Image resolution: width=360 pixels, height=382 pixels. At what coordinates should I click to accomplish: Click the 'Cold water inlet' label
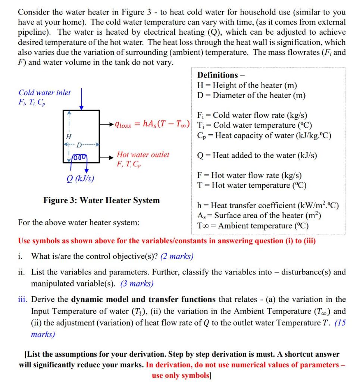(x=44, y=93)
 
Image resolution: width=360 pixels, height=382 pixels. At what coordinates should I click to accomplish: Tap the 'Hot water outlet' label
(x=143, y=154)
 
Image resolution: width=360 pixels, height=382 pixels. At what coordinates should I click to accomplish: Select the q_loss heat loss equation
(x=153, y=125)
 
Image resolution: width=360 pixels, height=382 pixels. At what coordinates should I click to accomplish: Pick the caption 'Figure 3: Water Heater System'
(x=101, y=200)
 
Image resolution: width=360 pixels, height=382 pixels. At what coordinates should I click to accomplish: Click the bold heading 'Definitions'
(x=217, y=75)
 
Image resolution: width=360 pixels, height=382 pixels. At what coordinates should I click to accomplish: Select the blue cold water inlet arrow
(x=81, y=98)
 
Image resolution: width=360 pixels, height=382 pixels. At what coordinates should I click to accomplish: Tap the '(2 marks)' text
(x=176, y=256)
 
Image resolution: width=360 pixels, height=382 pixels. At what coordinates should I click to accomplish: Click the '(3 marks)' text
(x=137, y=284)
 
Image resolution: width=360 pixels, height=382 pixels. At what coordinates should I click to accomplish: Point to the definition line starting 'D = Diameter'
(x=251, y=95)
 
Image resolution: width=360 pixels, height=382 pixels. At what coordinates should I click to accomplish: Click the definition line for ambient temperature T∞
(x=253, y=226)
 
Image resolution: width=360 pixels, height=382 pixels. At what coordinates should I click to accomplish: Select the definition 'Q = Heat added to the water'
(x=257, y=155)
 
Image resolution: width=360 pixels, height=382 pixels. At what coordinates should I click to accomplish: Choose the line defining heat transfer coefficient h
(x=268, y=206)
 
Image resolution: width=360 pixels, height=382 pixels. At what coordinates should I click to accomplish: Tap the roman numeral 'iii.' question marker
(x=24, y=300)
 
